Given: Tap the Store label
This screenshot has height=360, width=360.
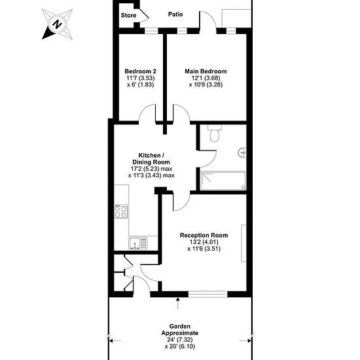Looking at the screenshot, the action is [x=128, y=16].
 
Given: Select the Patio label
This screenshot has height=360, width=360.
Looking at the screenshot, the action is [x=175, y=14].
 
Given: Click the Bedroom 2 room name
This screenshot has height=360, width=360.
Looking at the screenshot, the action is [x=141, y=71].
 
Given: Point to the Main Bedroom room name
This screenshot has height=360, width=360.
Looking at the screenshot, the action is [x=206, y=71].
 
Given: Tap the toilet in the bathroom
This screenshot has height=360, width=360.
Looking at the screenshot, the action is [x=215, y=134].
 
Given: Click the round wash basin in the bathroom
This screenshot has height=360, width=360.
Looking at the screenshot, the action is [x=242, y=153].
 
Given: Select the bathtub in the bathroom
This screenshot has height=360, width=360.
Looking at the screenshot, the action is [x=223, y=181].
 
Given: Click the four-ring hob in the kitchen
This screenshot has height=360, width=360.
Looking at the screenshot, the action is [x=121, y=211].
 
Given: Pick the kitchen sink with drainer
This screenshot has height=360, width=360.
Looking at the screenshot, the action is [x=137, y=243].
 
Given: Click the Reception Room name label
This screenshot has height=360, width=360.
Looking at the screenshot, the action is [x=204, y=236].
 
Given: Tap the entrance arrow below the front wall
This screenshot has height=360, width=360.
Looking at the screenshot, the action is [x=177, y=303].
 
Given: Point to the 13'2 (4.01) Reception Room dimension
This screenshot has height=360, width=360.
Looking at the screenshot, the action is [x=204, y=242].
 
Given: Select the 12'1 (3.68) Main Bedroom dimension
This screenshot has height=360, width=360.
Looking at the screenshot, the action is [x=206, y=78].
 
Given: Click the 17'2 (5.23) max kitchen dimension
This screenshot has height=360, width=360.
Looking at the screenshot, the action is [x=152, y=169].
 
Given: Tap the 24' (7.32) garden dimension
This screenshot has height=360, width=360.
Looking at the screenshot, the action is [x=180, y=340].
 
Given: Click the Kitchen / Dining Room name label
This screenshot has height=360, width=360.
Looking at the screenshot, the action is [x=151, y=158].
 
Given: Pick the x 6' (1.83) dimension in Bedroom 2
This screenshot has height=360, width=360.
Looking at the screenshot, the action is [x=141, y=84].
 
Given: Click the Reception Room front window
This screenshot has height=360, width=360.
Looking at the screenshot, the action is [x=208, y=295].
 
